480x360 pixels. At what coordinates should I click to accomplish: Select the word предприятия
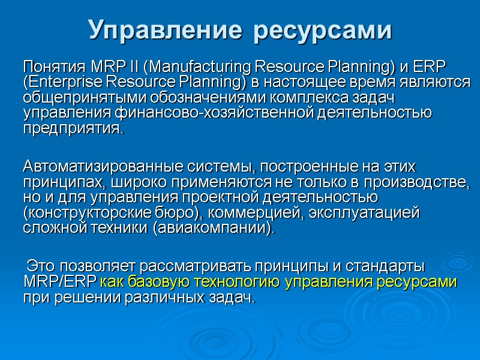click(73, 128)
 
